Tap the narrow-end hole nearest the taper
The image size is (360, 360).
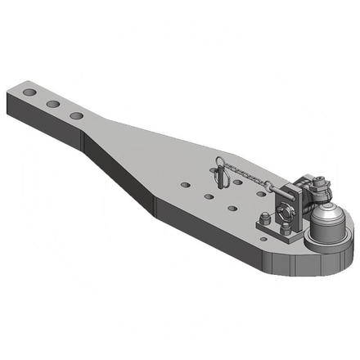pos(75,116)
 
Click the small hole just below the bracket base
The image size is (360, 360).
pos(262,240)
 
